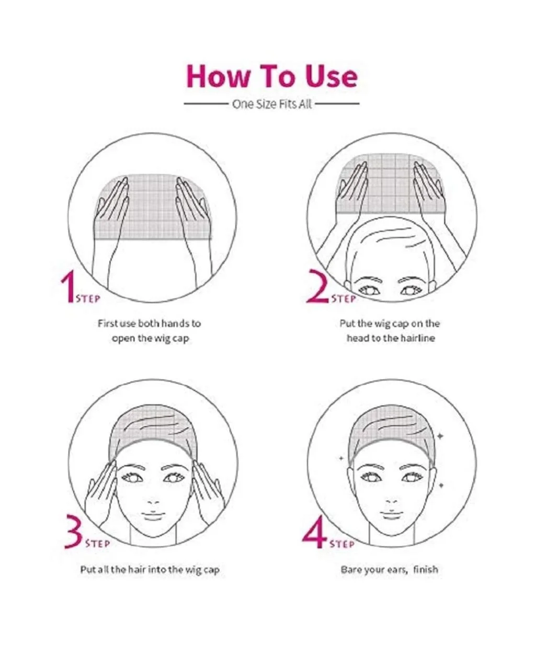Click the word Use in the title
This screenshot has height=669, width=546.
click(332, 76)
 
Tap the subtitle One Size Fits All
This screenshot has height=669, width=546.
click(272, 104)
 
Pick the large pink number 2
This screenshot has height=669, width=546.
click(317, 286)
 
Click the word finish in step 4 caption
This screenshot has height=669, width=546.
click(425, 569)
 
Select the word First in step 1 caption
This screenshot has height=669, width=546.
click(108, 324)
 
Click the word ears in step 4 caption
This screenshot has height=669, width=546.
click(397, 570)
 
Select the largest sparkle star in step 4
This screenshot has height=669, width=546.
click(440, 436)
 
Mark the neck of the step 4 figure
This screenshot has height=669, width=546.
click(392, 536)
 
